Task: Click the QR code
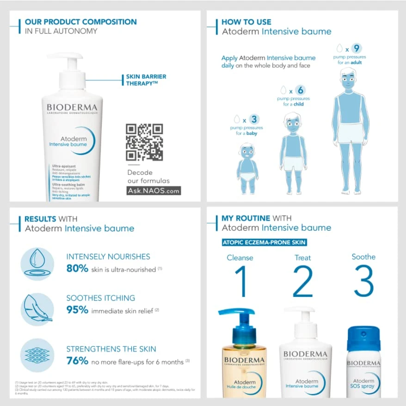[144, 142]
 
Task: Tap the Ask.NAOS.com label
[154, 191]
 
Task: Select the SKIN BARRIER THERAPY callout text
[146, 80]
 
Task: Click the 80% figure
[77, 269]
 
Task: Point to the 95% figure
[77, 310]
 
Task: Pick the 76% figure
[77, 361]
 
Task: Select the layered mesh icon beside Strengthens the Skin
[37, 355]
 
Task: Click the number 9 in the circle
[356, 48]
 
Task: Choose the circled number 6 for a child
[300, 91]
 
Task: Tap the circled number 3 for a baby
[254, 120]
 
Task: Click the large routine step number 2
[303, 282]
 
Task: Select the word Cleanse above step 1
[240, 258]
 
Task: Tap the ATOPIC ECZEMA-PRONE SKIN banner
[265, 242]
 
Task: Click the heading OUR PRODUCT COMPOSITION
[80, 22]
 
